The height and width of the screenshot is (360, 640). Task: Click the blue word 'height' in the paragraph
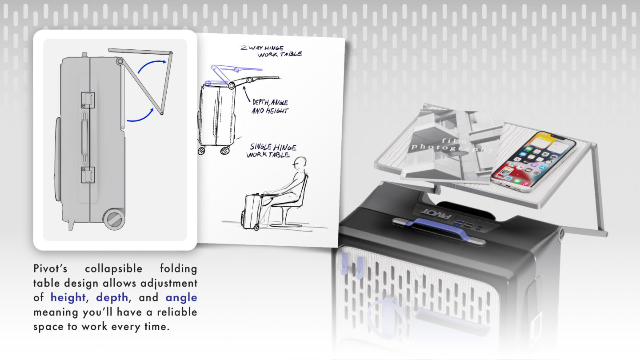coord(68,297)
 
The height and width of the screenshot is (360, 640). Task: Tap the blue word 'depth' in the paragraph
coord(112,298)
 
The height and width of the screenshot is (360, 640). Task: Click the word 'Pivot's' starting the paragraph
coord(50,268)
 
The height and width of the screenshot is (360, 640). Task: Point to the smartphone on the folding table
coord(533,161)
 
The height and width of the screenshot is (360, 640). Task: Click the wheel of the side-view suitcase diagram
coord(114,219)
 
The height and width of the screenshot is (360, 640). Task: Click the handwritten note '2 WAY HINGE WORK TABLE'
coord(271,51)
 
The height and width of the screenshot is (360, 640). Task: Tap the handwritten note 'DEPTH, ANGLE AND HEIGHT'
coord(270,107)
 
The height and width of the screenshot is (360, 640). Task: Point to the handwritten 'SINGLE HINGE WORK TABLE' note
coord(271,151)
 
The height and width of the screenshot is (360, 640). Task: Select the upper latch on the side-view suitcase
coord(88,100)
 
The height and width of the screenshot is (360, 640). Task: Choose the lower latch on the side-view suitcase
coord(88,175)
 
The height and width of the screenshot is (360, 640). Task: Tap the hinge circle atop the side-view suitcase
coord(120,61)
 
